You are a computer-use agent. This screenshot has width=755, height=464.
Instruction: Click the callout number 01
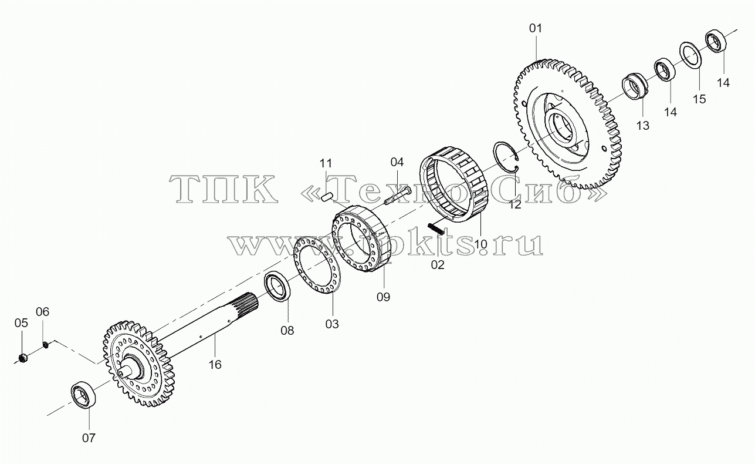[535, 28]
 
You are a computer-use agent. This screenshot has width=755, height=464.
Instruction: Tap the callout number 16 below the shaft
[215, 365]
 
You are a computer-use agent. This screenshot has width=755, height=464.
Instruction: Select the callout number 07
[89, 438]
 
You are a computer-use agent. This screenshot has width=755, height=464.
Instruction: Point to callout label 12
[515, 204]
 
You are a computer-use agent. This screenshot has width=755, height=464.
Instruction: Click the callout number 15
[699, 99]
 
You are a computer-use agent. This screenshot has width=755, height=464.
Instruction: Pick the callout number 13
[643, 126]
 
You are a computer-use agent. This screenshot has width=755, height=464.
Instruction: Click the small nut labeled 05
[22, 358]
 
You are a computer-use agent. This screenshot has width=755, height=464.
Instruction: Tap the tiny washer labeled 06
[46, 344]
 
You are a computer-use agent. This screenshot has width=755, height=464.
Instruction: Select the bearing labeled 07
[83, 395]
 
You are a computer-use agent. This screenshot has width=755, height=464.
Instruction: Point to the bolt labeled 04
[398, 196]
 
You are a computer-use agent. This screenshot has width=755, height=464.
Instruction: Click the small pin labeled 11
[327, 197]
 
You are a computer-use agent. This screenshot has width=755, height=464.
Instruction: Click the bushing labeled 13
[634, 86]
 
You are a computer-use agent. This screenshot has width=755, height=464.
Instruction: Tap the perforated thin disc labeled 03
[317, 265]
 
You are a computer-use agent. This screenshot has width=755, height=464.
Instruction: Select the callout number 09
[383, 297]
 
